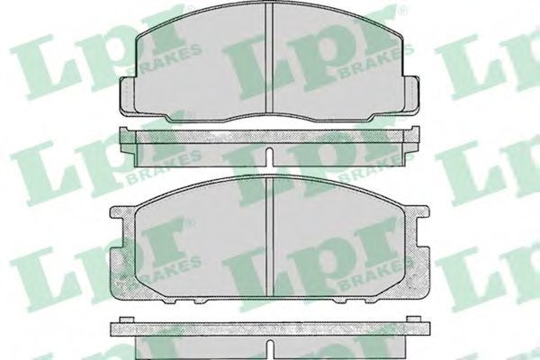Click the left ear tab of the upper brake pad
(x=127, y=94)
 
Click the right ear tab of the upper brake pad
(x=411, y=94)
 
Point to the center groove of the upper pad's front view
(x=270, y=58)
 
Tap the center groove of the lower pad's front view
(x=270, y=237)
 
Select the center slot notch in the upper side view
(x=270, y=157)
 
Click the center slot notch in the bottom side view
(x=270, y=348)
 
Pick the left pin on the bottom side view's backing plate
(x=126, y=319)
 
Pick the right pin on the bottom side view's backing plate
(x=414, y=319)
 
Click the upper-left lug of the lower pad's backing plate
(x=122, y=212)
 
